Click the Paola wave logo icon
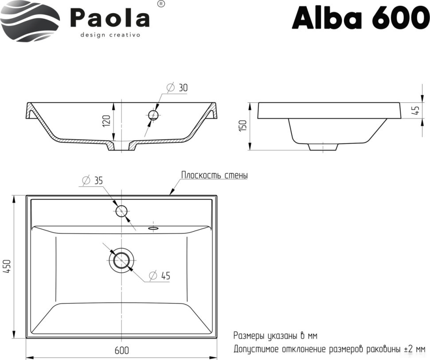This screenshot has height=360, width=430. click(30, 21)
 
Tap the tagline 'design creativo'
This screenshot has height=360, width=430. click(110, 35)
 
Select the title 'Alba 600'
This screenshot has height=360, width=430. click(360, 18)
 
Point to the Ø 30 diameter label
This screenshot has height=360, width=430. click(177, 88)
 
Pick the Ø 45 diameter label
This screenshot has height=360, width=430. click(160, 276)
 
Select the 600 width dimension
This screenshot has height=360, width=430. click(121, 350)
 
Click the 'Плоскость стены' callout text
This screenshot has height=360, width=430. click(214, 175)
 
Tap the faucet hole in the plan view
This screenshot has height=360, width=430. click(121, 211)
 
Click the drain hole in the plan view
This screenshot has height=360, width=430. click(121, 260)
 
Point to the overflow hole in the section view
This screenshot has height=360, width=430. click(153, 115)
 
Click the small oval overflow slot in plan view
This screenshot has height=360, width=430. click(153, 228)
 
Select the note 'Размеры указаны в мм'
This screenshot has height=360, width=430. click(275, 336)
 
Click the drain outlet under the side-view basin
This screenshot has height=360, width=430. click(323, 147)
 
